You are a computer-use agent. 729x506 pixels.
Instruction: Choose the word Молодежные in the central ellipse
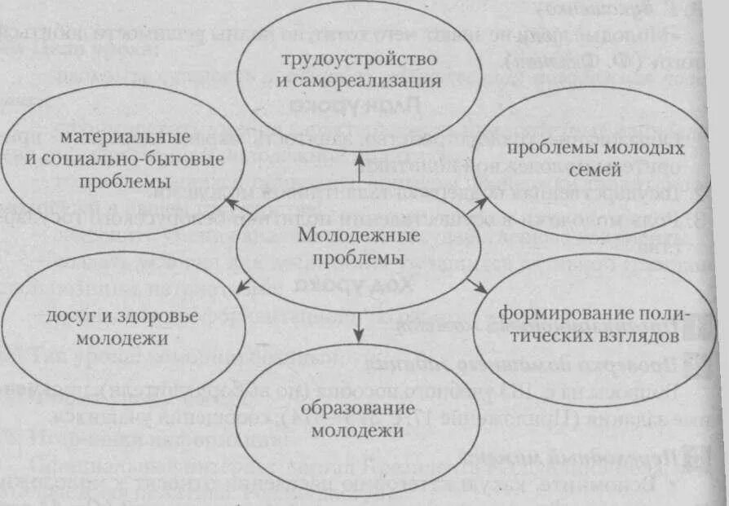(x=359, y=235)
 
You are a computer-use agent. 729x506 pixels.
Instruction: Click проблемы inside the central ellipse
(x=359, y=257)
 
